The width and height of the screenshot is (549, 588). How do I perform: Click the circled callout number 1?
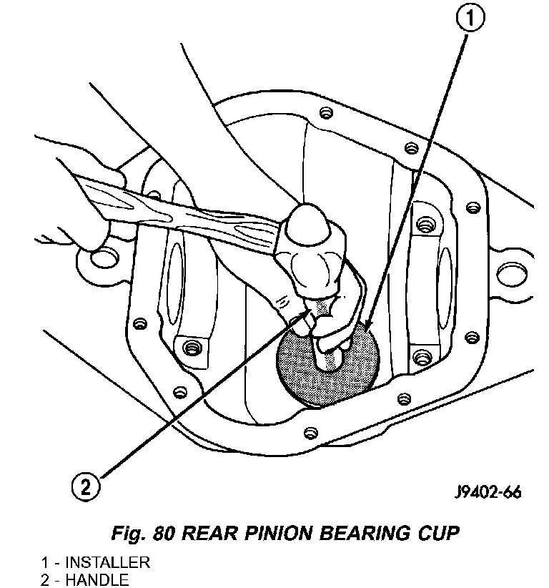coord(470,19)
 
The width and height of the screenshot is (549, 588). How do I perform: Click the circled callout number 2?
coord(86,487)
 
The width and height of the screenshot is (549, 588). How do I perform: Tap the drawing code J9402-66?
coord(488,492)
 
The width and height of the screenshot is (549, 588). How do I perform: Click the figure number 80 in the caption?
coord(164,533)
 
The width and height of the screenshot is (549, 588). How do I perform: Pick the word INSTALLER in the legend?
coord(107,562)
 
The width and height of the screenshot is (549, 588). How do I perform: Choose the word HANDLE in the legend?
coord(97,580)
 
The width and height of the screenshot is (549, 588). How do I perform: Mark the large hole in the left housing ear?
coord(104,258)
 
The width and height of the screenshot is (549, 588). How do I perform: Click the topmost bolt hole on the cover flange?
coord(326,112)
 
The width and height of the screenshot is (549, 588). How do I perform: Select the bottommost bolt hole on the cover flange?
coord(310,433)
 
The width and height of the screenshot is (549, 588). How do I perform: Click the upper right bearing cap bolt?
coord(425,225)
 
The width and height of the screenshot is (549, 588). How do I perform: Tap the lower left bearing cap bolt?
coord(191,348)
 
